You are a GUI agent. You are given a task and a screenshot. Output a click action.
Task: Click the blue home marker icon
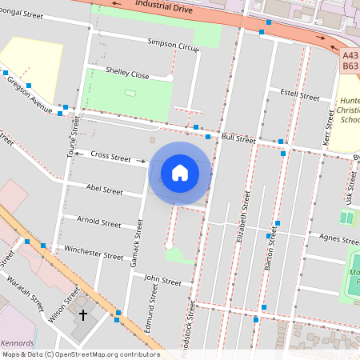(x=180, y=172)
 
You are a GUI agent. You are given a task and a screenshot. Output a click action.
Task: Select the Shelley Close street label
(x=127, y=73)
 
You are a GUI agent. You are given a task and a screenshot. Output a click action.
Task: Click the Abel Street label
(x=104, y=190)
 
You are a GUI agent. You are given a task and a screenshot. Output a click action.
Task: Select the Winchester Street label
(x=94, y=252)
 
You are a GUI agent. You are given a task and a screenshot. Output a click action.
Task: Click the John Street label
(x=162, y=279)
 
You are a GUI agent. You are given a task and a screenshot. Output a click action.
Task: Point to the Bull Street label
(x=238, y=138)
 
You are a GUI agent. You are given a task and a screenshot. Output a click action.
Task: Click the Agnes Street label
(x=339, y=238)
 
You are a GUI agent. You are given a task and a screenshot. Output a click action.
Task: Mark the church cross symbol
(x=82, y=315)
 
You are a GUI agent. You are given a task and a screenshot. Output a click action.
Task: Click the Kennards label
(x=18, y=342)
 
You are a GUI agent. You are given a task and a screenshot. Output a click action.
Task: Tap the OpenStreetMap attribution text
(x=80, y=354)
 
